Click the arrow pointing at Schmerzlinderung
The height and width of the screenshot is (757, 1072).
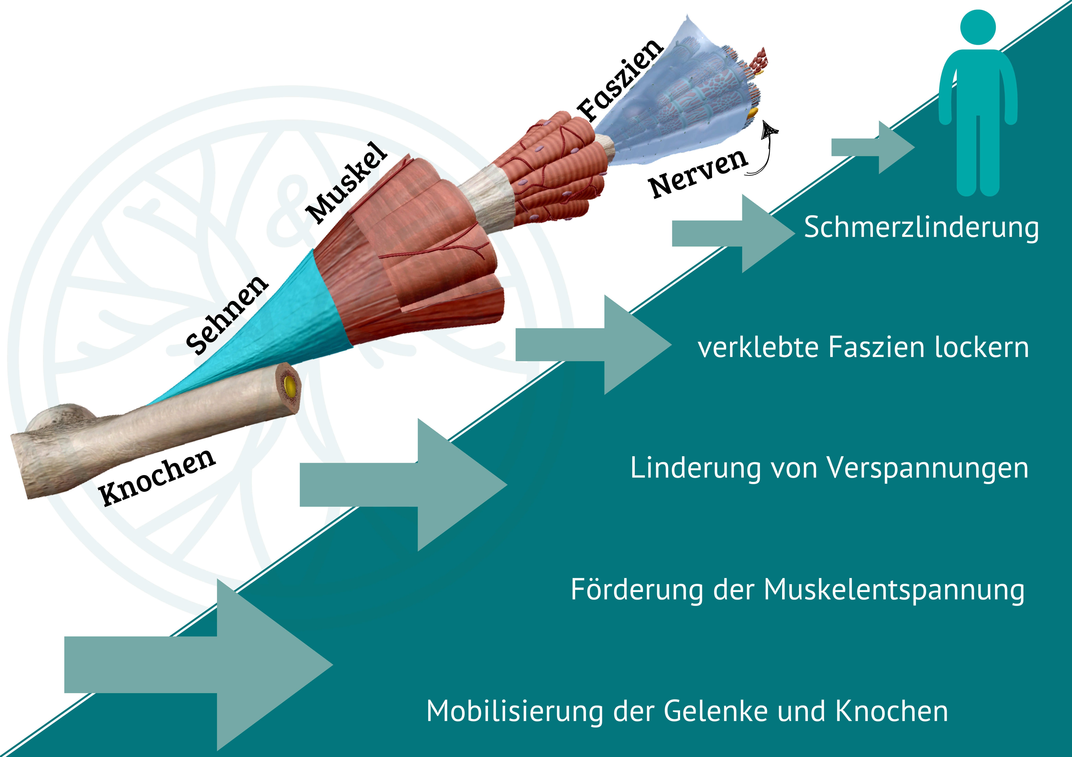point(728,233)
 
